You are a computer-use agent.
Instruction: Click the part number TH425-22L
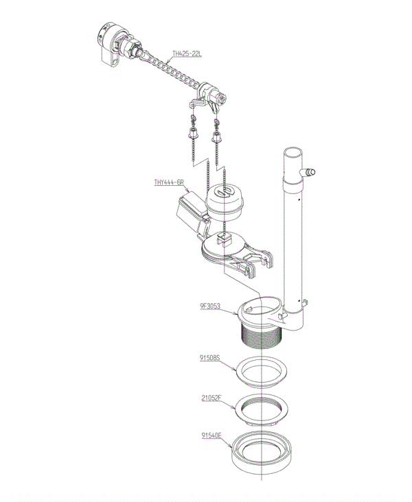[x=187, y=53]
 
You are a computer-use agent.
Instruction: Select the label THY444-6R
[x=169, y=182]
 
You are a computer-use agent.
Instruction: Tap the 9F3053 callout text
[x=210, y=306]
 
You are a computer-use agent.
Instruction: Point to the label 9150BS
[x=209, y=357]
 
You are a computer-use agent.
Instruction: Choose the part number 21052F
[x=211, y=398]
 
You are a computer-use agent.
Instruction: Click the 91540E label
[x=211, y=435]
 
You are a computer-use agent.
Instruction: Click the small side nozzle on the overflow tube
[x=308, y=173]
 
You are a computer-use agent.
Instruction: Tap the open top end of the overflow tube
[x=293, y=152]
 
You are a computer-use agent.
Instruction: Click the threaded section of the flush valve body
[x=261, y=338]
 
